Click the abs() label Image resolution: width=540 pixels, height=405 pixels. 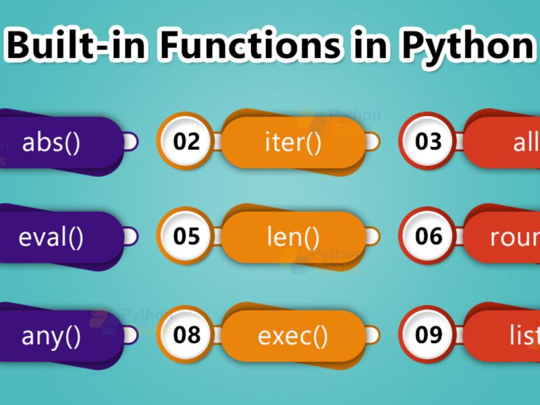point(51,142)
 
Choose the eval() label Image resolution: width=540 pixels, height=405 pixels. point(51,237)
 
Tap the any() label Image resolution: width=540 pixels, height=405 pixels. point(51,335)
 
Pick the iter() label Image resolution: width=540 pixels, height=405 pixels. point(293,142)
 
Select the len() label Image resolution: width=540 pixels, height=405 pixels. point(293,237)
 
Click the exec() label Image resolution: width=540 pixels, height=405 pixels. point(293,335)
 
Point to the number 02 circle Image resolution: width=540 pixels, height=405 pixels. point(186,142)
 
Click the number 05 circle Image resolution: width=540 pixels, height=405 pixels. point(186,237)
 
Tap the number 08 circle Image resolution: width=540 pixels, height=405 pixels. point(186,335)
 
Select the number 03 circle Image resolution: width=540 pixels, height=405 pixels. point(428,142)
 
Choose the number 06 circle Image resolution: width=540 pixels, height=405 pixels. point(428,237)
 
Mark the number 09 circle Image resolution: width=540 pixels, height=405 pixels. point(428,335)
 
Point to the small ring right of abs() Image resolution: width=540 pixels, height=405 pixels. point(130,142)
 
